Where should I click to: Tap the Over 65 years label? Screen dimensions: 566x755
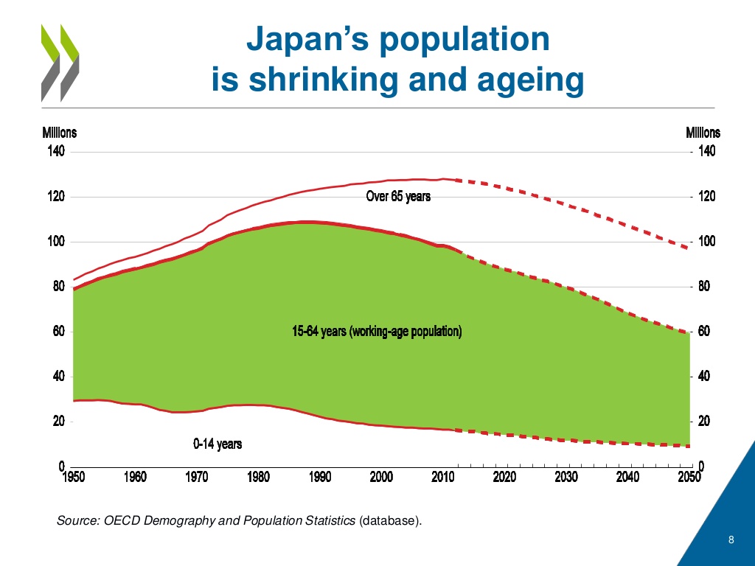[398, 197]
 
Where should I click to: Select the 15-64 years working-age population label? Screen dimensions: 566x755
[377, 332]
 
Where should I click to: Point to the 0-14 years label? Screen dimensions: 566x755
[218, 444]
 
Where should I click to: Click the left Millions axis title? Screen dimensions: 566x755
[58, 133]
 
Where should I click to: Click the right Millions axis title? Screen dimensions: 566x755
[703, 133]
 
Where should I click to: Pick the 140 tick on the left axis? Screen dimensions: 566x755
[57, 152]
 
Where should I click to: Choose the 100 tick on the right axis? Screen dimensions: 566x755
[706, 242]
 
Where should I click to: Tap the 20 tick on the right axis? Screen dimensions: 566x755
[703, 422]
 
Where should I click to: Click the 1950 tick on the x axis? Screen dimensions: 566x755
[72, 477]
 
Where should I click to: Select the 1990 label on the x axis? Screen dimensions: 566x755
[319, 477]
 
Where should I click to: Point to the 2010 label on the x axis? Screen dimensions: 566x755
[442, 477]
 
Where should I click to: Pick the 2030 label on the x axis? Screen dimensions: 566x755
[566, 477]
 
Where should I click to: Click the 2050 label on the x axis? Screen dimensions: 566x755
[688, 477]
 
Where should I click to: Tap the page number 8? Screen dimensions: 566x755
[731, 541]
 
